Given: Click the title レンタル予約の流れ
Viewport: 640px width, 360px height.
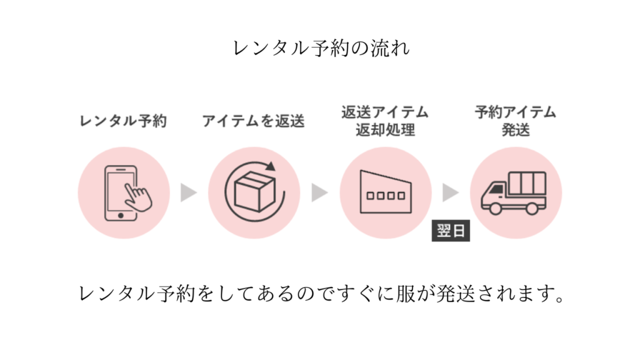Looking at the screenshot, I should (x=320, y=48).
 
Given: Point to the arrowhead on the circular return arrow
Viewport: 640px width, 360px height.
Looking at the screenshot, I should (x=270, y=166).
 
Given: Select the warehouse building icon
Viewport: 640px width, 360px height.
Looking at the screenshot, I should (x=385, y=191).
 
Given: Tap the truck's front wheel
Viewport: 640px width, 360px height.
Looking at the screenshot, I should (x=497, y=208).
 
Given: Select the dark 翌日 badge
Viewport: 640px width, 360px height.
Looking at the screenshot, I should (x=450, y=231).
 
